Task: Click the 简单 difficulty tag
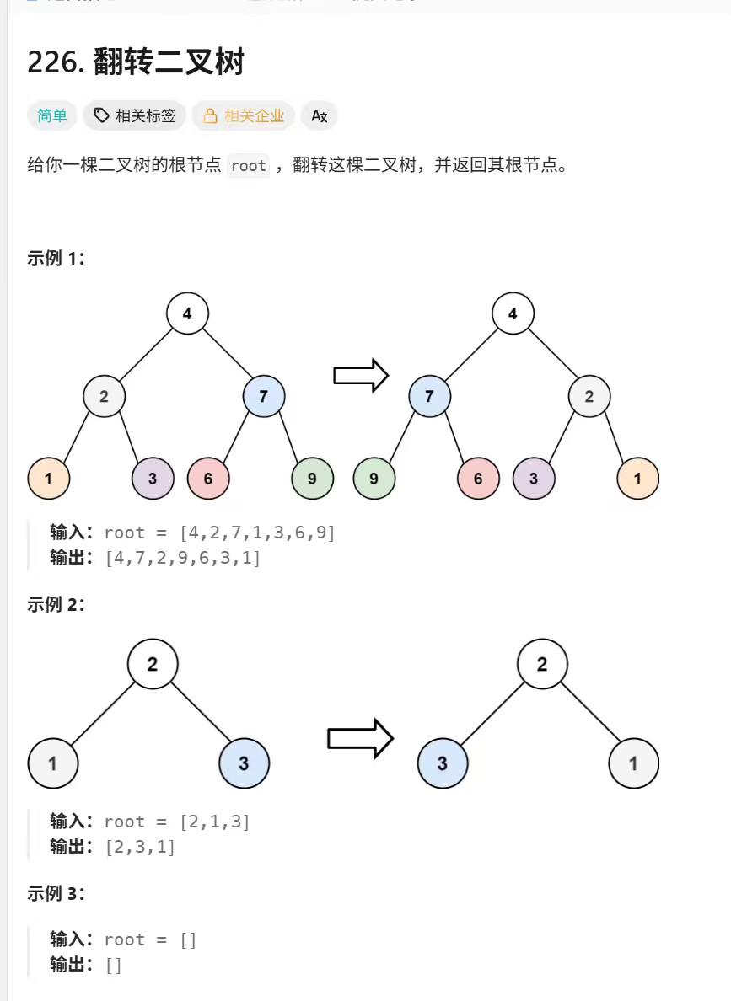tap(52, 115)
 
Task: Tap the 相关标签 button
tap(135, 115)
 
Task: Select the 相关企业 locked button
tap(243, 115)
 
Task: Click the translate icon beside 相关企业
tap(319, 115)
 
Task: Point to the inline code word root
tap(249, 165)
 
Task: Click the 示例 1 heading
tap(56, 259)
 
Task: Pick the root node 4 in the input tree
tap(187, 314)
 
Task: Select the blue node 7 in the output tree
tap(430, 396)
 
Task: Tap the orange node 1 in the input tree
tap(49, 479)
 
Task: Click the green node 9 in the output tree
tap(374, 479)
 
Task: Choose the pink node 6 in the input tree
tap(208, 479)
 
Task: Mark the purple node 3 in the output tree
tap(534, 479)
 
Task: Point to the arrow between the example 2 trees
tap(360, 739)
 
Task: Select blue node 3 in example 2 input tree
tap(244, 764)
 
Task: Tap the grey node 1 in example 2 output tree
tap(633, 764)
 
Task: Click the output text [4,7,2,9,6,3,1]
tap(183, 558)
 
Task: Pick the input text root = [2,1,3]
tap(177, 822)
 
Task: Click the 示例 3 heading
tap(56, 894)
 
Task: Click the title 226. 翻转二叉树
tap(136, 62)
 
